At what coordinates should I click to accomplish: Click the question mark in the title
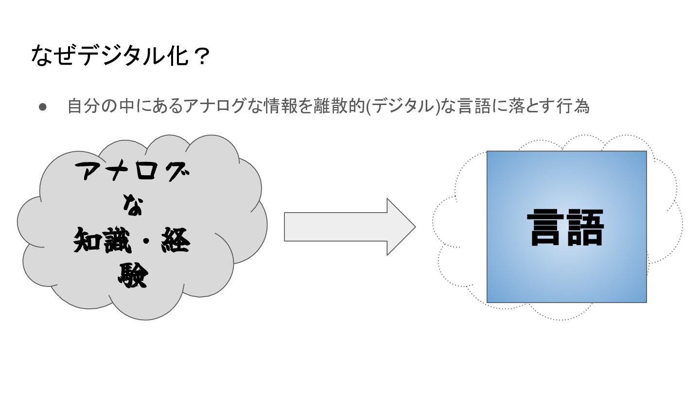click(x=199, y=56)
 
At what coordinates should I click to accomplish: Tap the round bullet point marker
click(x=42, y=107)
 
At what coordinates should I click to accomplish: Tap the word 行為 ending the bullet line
click(x=573, y=107)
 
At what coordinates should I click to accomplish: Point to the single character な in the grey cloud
click(x=132, y=206)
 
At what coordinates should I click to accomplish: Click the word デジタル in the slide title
click(x=120, y=56)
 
